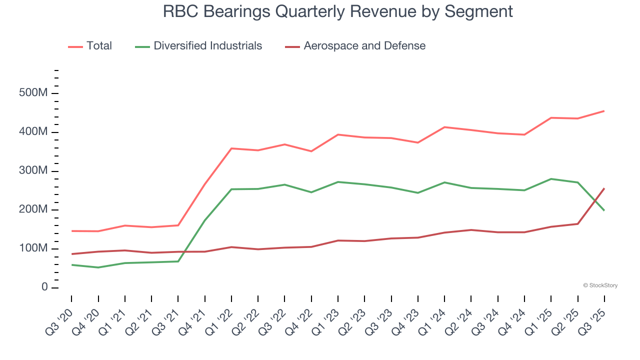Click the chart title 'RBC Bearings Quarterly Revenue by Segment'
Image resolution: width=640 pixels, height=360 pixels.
338,11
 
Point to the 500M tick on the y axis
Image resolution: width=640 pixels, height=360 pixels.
34,93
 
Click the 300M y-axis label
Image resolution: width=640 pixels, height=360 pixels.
34,171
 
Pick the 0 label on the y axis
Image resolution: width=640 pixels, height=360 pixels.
44,287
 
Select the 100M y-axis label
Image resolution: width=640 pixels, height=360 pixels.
34,248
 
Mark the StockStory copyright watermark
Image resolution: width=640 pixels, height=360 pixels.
600,285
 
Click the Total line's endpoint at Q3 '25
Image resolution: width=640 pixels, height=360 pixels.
604,111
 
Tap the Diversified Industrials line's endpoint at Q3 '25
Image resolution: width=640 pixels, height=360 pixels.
604,210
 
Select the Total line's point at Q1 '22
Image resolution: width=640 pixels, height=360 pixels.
231,148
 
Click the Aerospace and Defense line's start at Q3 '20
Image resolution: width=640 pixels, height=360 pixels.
71,254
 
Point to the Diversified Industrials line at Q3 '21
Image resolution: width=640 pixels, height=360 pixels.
178,261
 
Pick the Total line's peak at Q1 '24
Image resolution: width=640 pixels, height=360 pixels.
444,127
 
